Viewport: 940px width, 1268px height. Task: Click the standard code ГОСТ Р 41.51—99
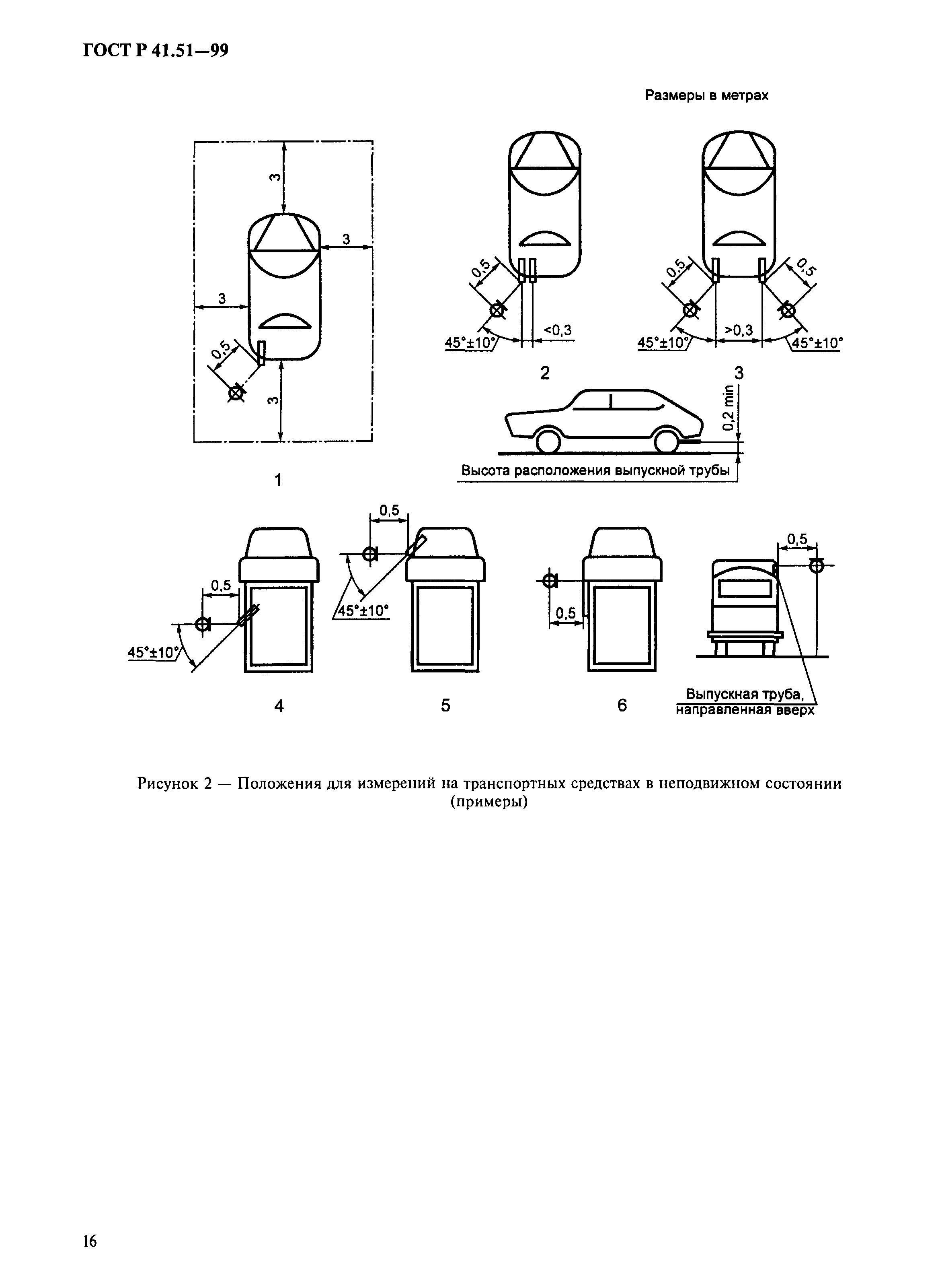[155, 51]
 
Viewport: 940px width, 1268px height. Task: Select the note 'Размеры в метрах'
[706, 96]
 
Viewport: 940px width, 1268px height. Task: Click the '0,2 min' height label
[727, 408]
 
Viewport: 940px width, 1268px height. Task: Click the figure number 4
[279, 706]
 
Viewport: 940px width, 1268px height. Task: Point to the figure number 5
[445, 705]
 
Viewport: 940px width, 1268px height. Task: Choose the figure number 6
[622, 705]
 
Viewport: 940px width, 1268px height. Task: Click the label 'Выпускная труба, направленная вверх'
[745, 702]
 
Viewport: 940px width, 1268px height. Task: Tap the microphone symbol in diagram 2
[497, 310]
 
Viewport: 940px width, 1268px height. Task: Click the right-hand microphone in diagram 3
[788, 311]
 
